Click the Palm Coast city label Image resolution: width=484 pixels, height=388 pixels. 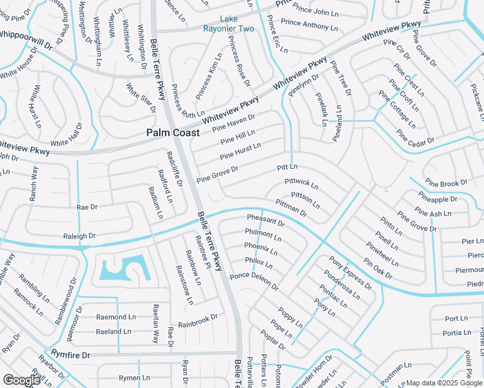[x=172, y=133]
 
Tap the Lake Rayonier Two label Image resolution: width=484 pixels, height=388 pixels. [x=228, y=23]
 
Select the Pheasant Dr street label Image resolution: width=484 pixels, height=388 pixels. [x=265, y=222]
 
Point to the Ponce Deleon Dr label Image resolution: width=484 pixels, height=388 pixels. [x=254, y=281]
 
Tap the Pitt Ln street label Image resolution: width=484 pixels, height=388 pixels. [x=287, y=167]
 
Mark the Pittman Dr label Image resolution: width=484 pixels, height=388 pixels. [x=291, y=208]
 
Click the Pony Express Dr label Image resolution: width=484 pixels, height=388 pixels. [x=350, y=273]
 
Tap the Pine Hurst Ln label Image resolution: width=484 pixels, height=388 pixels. [x=240, y=152]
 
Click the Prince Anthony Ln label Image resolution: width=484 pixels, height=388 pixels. [x=309, y=25]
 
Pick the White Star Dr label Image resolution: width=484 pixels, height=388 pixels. [x=140, y=97]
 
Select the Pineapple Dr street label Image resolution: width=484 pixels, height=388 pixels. [x=437, y=197]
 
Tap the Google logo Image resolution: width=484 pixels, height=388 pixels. [x=21, y=380]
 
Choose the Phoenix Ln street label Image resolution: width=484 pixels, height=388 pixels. [x=261, y=248]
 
